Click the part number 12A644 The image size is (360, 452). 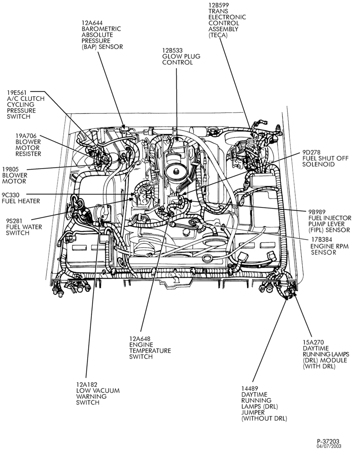click(92, 23)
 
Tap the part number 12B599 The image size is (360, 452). click(219, 5)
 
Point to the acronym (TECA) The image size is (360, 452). click(218, 35)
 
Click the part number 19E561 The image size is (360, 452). click(17, 93)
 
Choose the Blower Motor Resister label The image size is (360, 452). click(28, 145)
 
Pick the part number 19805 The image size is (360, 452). click(11, 169)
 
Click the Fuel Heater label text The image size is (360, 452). click(21, 201)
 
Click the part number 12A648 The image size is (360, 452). click(140, 339)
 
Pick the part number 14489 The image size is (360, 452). click(250, 388)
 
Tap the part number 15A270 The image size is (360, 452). click(313, 342)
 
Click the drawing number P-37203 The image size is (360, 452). click(328, 441)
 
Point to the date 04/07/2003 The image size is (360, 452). click(328, 446)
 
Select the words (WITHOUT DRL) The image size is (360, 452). click(264, 419)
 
